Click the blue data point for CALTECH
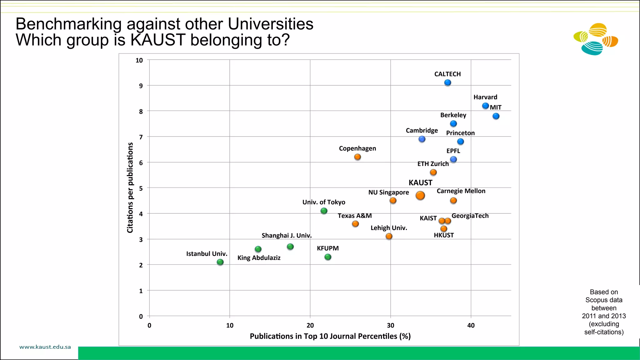coord(447,82)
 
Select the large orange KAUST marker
coord(420,196)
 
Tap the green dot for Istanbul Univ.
coord(220,262)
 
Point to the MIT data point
coord(496,116)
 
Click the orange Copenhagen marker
coord(357,157)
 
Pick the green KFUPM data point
coord(328,257)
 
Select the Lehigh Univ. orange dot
coord(389,236)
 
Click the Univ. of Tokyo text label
coord(324,202)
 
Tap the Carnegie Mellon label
coord(461,191)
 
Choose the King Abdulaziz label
coord(259,258)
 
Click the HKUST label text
coord(444,235)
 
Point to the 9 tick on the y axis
coord(141,86)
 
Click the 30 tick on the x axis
coord(390,325)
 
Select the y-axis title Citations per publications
coord(130,187)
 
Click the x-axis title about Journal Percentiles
coord(330,336)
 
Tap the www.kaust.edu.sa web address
coord(45,347)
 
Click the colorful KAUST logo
coord(596,39)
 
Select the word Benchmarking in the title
coord(68,24)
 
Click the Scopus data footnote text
coord(604,312)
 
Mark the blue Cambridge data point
coord(422,139)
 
